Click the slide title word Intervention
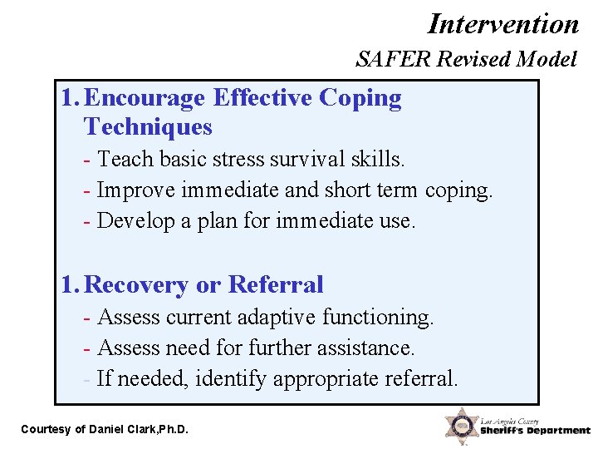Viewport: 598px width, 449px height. pyautogui.click(x=503, y=23)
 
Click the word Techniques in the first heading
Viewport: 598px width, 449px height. pyautogui.click(x=148, y=127)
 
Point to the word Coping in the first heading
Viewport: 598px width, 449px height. pyautogui.click(x=360, y=98)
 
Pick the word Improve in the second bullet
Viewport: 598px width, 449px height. pyautogui.click(x=136, y=190)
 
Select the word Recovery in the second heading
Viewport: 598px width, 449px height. pyautogui.click(x=137, y=285)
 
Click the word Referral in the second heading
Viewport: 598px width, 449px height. pyautogui.click(x=275, y=285)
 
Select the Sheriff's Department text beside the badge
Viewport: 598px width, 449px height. pyautogui.click(x=535, y=431)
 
